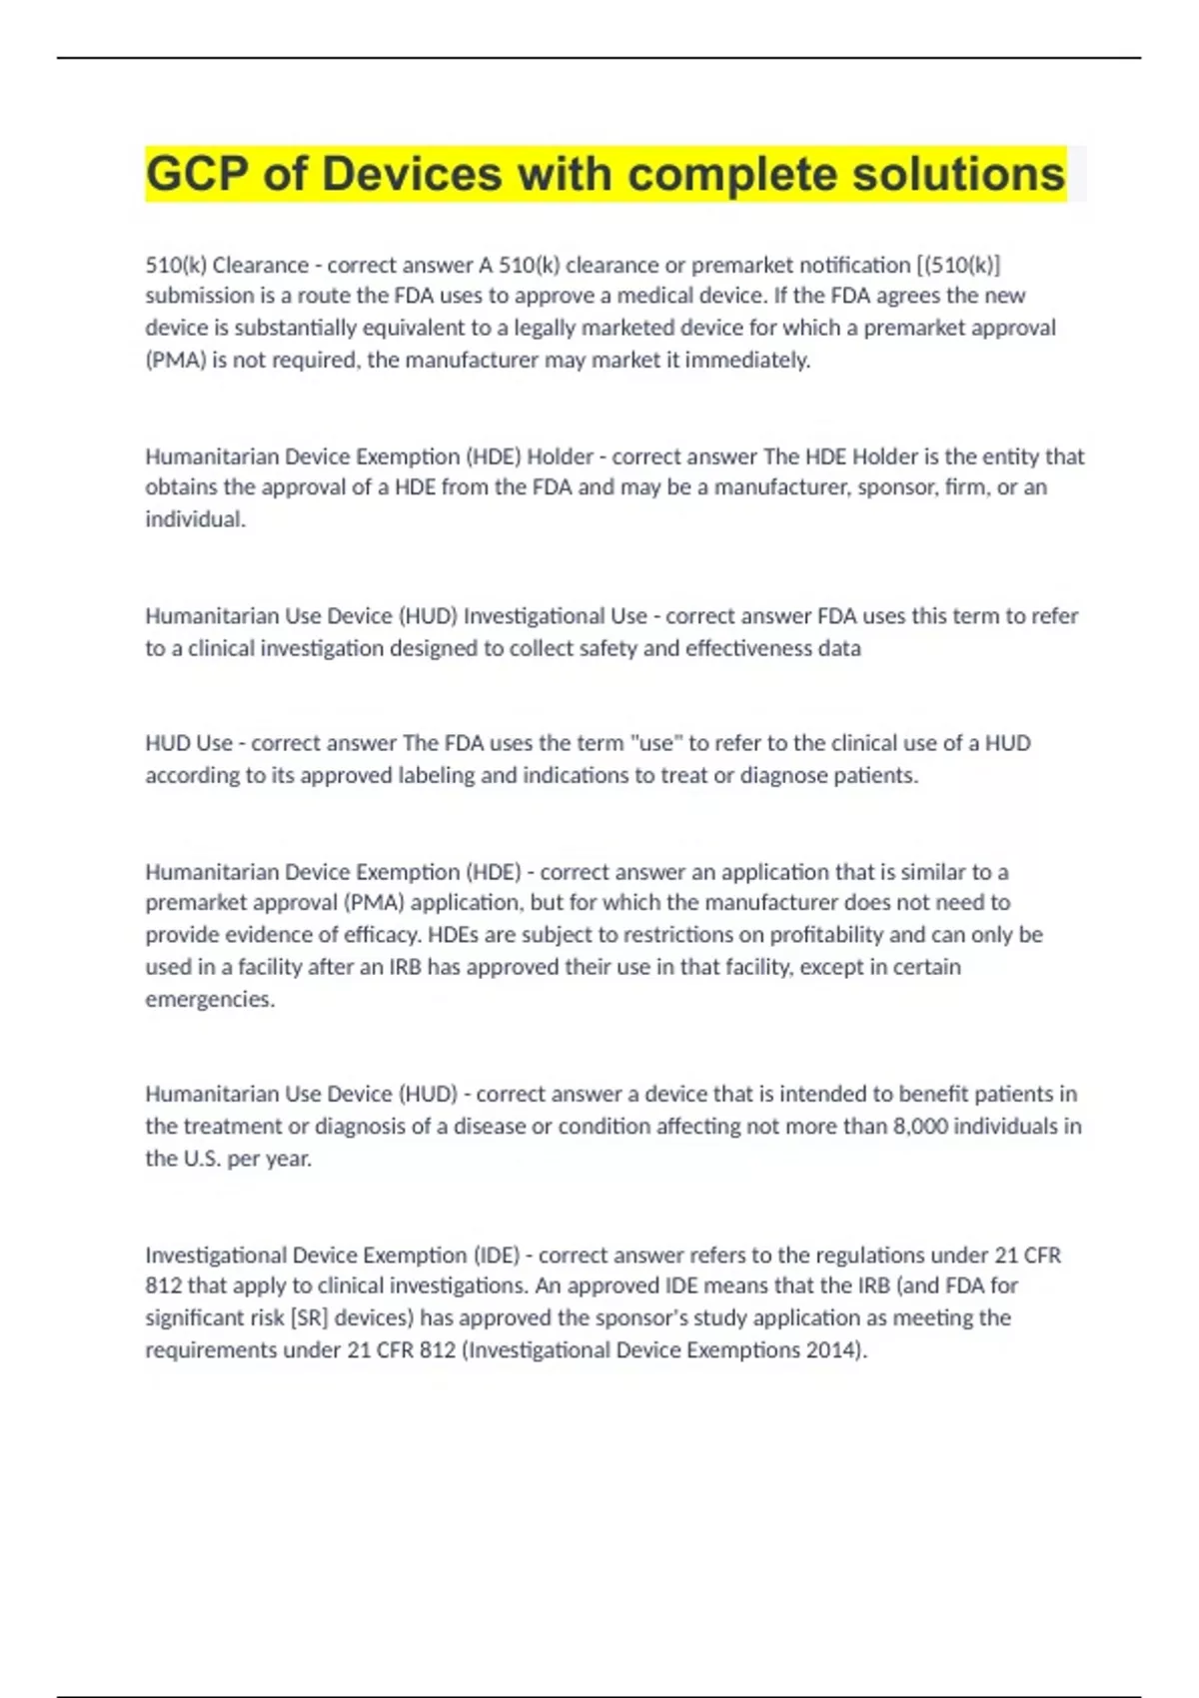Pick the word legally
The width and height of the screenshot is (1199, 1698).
(x=545, y=328)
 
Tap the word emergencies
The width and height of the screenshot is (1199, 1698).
(x=210, y=999)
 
